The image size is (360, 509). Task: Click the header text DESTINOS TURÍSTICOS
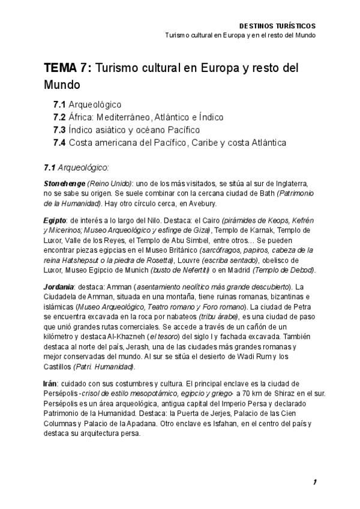tap(277, 26)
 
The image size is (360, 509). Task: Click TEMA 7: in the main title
tap(67, 68)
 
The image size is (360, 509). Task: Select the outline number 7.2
tap(59, 117)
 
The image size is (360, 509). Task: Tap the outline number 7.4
tap(59, 143)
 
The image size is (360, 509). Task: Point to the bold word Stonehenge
tap(65, 182)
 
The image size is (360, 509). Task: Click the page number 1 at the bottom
tap(314, 482)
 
